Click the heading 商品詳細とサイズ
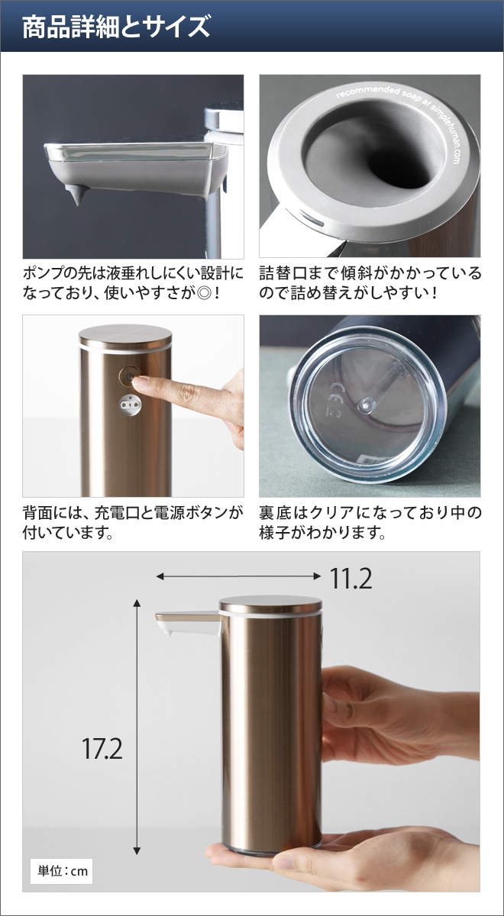point(116,27)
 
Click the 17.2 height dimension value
point(102,748)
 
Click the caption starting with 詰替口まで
point(370,282)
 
